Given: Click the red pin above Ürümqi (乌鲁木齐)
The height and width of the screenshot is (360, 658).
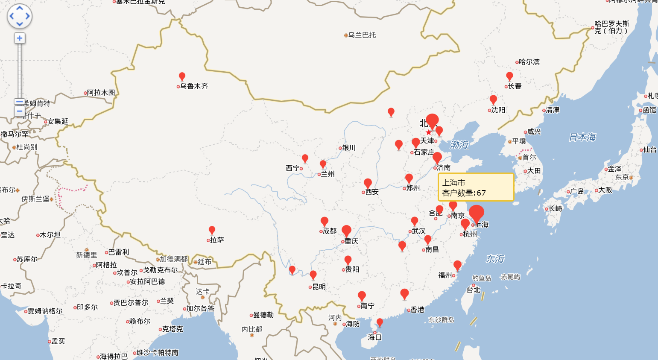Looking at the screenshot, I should tap(182, 76).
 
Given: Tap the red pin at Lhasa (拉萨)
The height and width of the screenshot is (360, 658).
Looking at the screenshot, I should tap(212, 231).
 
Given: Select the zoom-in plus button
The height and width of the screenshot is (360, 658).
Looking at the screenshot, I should tap(19, 38).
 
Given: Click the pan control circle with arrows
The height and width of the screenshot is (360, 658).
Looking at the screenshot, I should tap(20, 16).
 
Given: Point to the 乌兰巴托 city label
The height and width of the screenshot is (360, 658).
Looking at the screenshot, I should tap(362, 35).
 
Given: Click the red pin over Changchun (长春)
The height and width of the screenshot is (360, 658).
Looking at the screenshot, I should tap(509, 76).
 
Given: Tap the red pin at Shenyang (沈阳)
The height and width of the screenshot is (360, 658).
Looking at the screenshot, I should tap(493, 100).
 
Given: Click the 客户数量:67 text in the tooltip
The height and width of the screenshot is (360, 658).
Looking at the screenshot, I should tap(464, 193).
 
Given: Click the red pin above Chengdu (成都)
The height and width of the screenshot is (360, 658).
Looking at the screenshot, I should tap(325, 221).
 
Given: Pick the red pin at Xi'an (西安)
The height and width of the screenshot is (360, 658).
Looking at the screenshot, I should tap(368, 183).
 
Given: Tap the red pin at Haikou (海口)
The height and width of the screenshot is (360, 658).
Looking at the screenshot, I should tap(380, 322).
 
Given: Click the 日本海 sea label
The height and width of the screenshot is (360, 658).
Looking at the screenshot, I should tap(582, 137).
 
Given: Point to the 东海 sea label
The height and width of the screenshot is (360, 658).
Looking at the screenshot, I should tap(495, 259).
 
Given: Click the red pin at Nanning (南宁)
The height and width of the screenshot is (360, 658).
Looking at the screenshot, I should tap(362, 296).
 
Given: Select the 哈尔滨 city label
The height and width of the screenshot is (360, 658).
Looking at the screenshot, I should tap(529, 62).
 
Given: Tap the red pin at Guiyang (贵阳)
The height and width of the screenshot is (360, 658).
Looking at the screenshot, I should tap(348, 260).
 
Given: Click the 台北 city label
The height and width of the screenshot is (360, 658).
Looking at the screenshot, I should tap(474, 290).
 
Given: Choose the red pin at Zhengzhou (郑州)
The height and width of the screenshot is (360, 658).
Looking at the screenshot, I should tap(409, 178).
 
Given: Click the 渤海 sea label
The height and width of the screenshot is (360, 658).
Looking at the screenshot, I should tap(459, 145).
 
